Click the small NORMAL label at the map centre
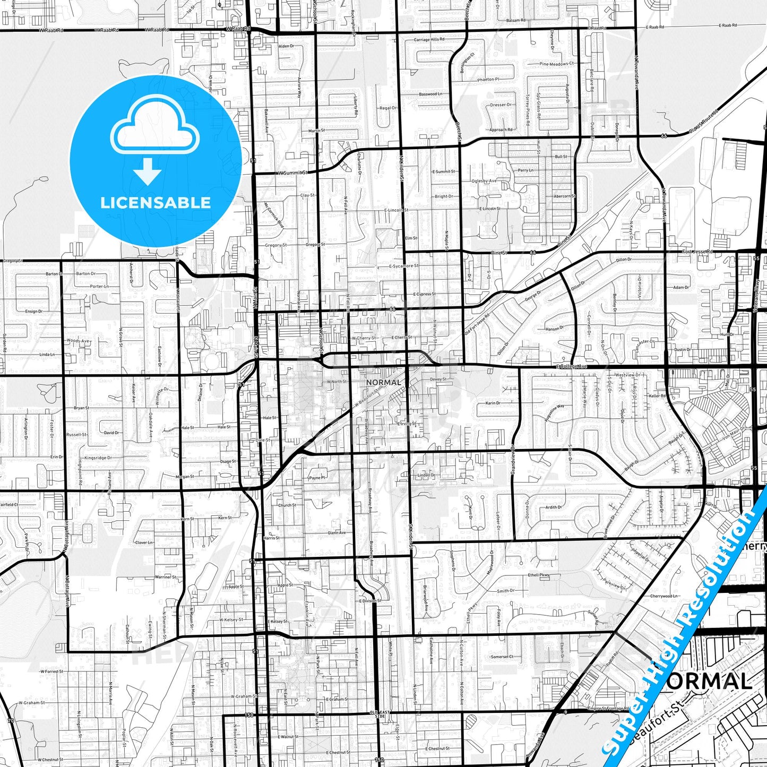(x=384, y=382)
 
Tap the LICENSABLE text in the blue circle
(x=156, y=203)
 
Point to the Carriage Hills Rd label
(x=429, y=40)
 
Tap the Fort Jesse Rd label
(x=697, y=252)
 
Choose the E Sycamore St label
(x=404, y=266)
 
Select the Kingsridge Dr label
(x=98, y=458)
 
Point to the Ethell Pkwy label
(x=538, y=575)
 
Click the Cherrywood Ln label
(x=664, y=596)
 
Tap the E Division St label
(x=370, y=601)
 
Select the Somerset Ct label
(x=502, y=657)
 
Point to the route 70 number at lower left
(x=10, y=721)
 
